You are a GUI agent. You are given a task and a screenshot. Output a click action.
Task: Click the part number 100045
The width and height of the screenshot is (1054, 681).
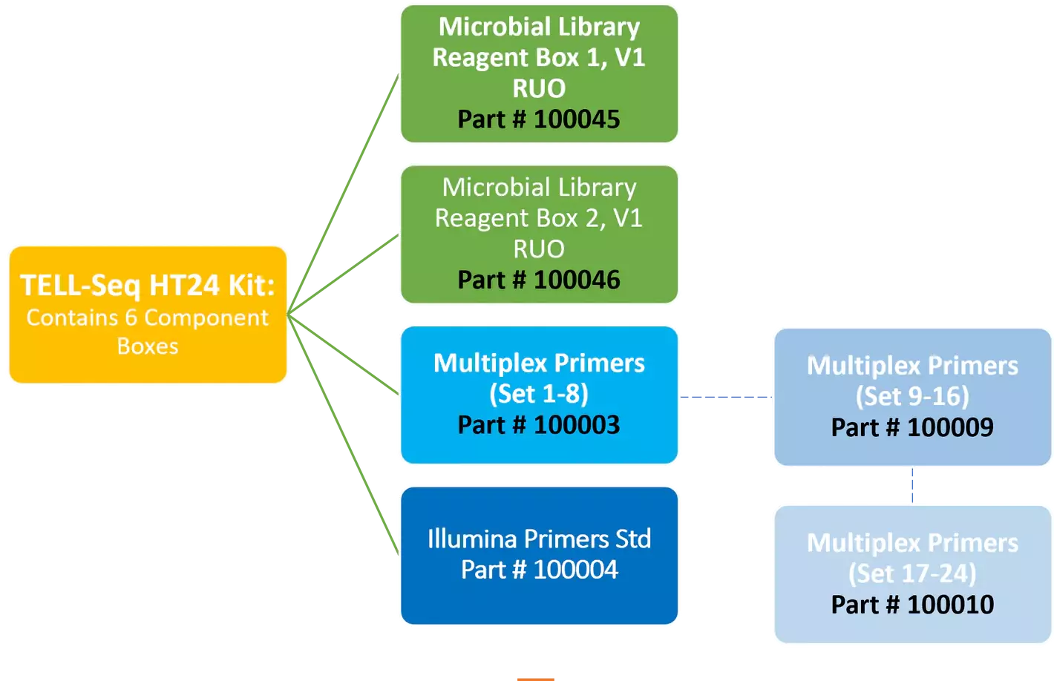click(576, 119)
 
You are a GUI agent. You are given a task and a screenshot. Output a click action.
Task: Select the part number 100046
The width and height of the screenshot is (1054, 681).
click(576, 280)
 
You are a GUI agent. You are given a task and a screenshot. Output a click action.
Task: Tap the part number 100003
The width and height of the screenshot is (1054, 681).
click(576, 425)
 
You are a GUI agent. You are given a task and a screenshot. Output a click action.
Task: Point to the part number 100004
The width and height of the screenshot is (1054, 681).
click(575, 570)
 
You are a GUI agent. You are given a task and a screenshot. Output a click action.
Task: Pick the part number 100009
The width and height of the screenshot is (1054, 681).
click(950, 427)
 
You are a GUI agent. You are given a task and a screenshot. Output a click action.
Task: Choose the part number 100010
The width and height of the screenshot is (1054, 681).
click(950, 605)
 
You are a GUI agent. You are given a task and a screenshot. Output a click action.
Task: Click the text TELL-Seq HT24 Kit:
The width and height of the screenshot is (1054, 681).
click(147, 286)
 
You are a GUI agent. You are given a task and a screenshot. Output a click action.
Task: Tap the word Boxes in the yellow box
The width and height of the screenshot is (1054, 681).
click(148, 346)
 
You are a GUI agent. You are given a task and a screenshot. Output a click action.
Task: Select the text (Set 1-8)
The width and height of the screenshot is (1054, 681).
click(539, 393)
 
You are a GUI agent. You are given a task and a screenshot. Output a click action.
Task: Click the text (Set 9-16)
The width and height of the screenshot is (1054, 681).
click(912, 396)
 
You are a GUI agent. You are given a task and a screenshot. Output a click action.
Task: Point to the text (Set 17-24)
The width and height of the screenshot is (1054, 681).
click(912, 573)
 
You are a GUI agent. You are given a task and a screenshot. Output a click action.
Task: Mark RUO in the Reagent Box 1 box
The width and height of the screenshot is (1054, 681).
click(539, 88)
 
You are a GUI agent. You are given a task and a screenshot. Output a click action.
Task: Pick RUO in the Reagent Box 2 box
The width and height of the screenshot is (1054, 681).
click(539, 249)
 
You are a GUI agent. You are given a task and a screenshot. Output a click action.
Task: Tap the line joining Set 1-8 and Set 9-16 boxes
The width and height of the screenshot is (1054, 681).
click(726, 398)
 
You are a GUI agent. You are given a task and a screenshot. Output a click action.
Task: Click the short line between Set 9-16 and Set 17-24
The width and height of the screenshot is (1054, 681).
click(912, 486)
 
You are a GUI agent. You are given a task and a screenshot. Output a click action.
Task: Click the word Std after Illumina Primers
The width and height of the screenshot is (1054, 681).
click(632, 539)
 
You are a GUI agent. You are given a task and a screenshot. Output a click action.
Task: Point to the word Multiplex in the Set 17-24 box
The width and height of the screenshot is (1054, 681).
click(861, 543)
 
